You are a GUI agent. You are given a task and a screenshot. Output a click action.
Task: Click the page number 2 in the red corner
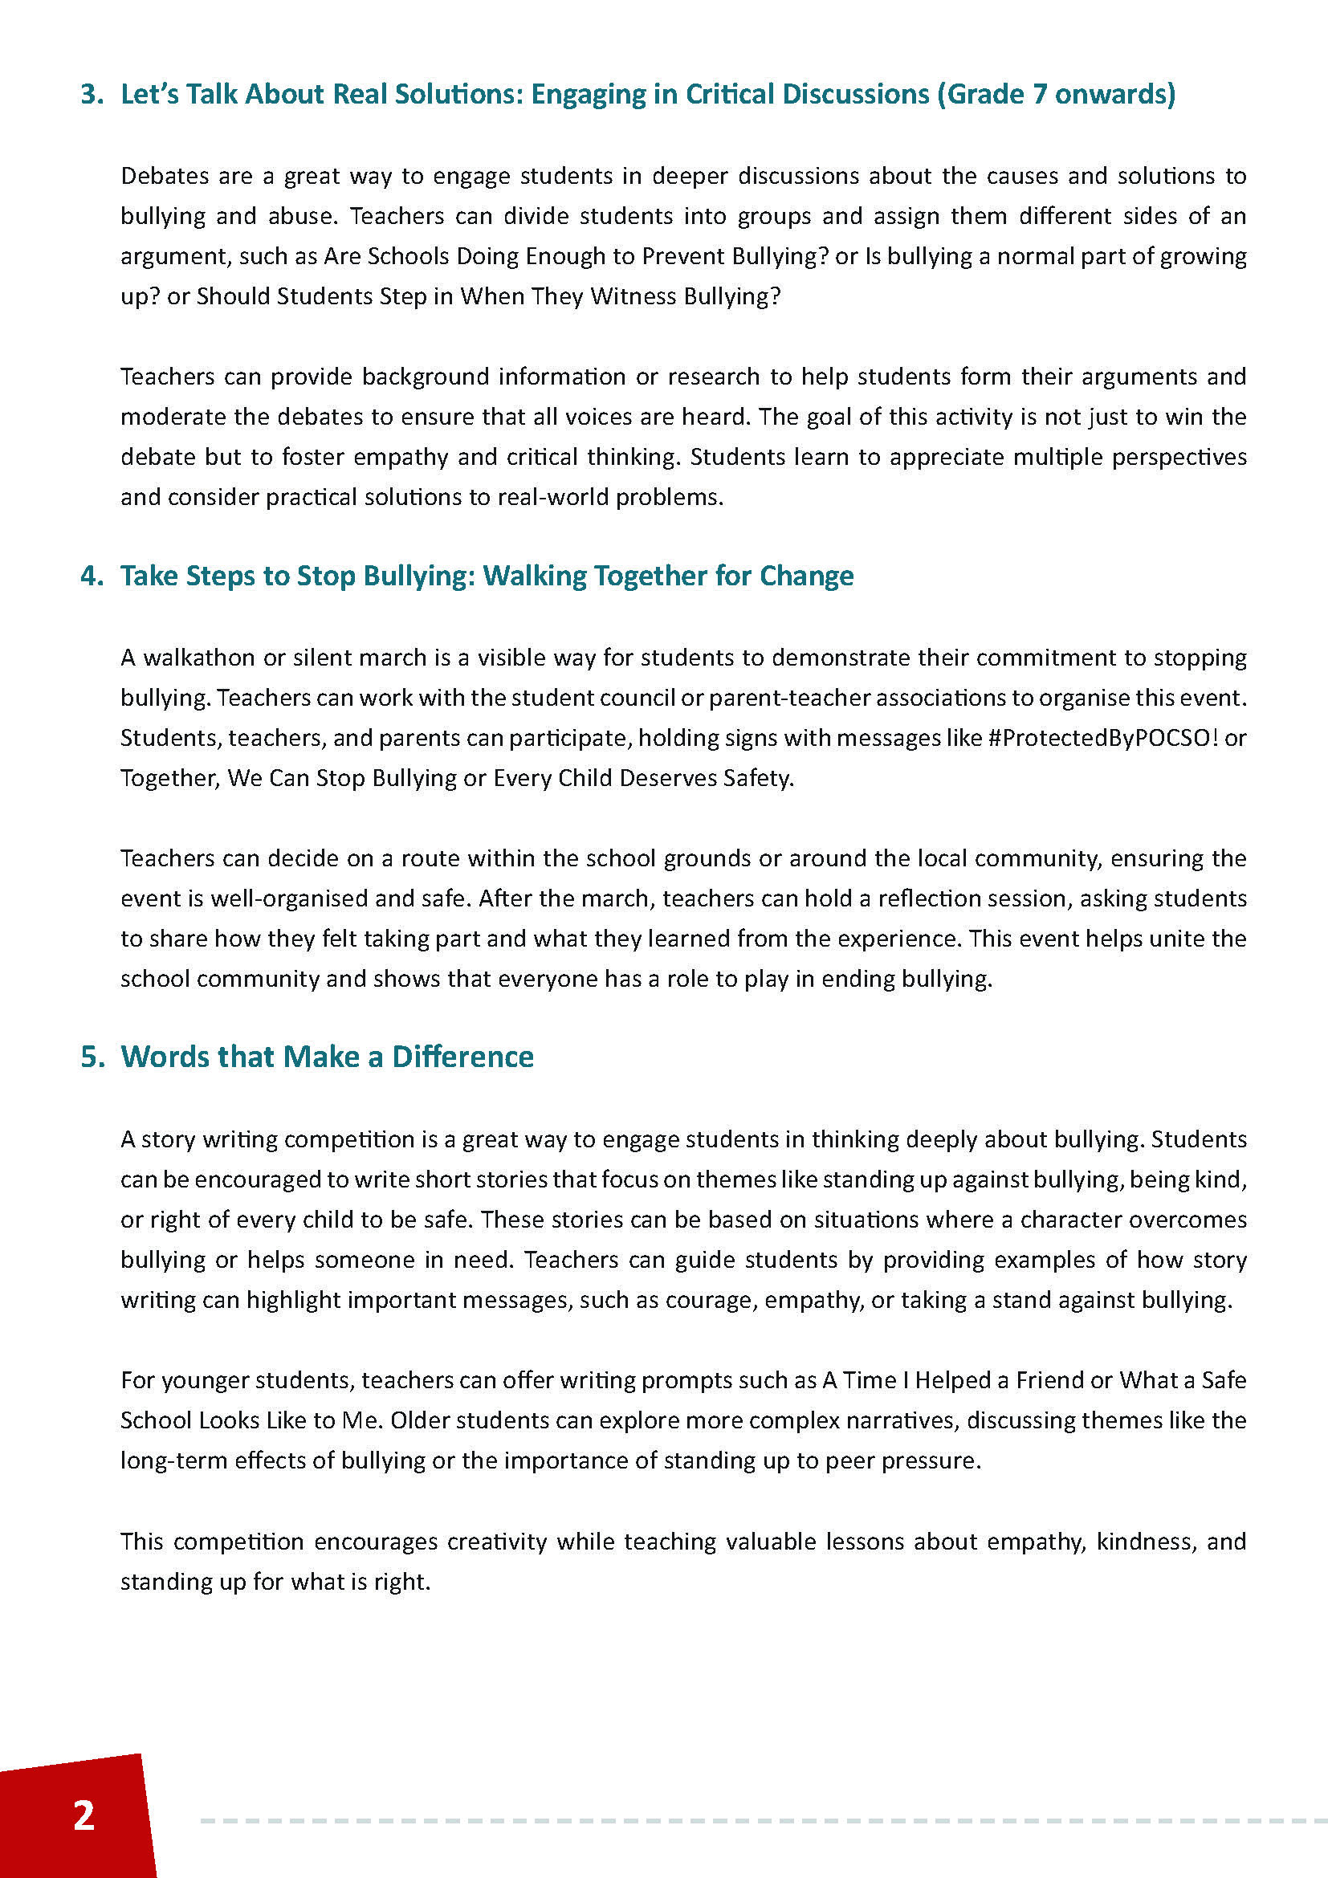click(x=84, y=1816)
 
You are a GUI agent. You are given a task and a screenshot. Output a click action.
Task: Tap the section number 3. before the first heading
click(x=92, y=95)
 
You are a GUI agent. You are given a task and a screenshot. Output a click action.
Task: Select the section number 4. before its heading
click(x=92, y=576)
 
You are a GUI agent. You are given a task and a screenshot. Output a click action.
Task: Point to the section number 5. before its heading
click(x=92, y=1057)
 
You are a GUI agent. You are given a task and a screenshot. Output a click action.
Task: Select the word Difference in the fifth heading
click(x=462, y=1057)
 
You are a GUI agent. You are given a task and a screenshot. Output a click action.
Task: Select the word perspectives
click(x=1179, y=457)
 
